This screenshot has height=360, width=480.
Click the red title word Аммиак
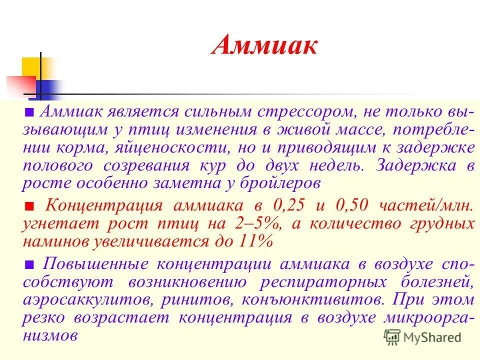(x=265, y=46)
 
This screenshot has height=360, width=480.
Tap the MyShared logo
(x=422, y=337)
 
